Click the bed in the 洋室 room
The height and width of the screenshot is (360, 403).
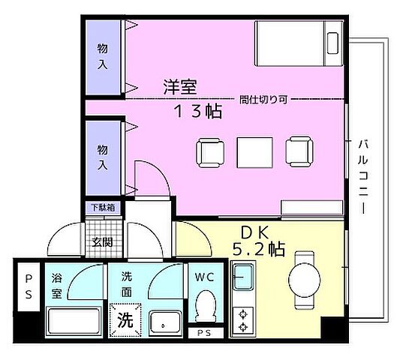point(298,46)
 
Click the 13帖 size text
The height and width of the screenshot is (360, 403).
point(197,111)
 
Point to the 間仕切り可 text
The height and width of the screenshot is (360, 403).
point(266,99)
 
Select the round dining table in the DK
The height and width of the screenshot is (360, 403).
point(305,277)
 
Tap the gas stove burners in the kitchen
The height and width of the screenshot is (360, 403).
point(242,318)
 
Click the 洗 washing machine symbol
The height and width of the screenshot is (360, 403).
point(124,319)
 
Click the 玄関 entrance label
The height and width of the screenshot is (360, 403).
point(102,241)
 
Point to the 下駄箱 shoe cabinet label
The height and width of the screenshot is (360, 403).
point(103,207)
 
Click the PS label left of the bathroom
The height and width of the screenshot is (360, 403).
point(29,287)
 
